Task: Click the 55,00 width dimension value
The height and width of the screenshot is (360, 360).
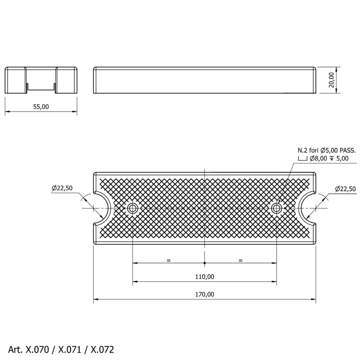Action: tap(41, 107)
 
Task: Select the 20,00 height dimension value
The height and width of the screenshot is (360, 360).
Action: tap(331, 80)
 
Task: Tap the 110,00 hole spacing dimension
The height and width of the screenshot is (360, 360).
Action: tap(205, 277)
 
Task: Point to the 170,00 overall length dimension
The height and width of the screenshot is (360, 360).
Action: tap(205, 294)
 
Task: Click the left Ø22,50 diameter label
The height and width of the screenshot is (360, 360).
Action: tap(62, 188)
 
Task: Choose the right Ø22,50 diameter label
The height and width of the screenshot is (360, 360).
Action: tap(345, 189)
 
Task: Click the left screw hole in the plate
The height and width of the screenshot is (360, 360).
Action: tap(132, 208)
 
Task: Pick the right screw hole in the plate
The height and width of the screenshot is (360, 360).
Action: tap(276, 208)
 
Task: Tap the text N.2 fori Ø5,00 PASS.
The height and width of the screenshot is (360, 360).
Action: tap(327, 150)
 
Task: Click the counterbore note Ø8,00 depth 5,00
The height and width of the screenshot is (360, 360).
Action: tap(323, 159)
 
